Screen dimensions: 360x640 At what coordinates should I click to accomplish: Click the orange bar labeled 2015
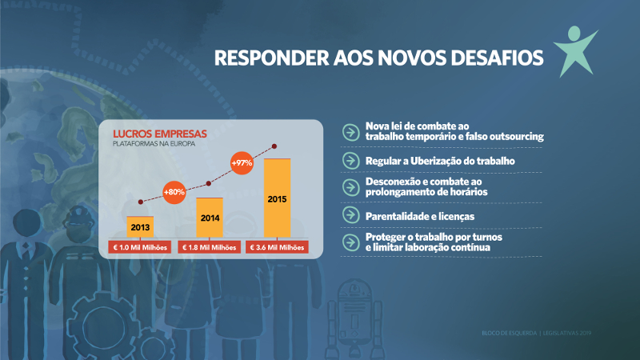pos(278,198)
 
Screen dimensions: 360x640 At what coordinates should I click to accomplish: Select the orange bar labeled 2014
pos(209,218)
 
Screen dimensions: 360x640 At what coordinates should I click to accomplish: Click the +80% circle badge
pos(174,192)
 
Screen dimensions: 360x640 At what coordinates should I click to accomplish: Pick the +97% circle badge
pos(242,162)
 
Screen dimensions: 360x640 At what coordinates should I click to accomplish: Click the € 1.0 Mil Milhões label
pos(140,247)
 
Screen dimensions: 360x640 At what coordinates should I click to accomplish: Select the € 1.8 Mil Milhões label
pos(209,247)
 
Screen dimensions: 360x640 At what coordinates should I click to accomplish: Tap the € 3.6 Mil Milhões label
pos(278,247)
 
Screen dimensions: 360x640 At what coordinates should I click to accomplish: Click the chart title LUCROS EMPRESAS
pos(160,133)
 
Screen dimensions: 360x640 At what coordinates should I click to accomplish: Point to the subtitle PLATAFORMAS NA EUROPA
pos(156,144)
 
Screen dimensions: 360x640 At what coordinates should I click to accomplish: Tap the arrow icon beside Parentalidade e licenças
pos(350,216)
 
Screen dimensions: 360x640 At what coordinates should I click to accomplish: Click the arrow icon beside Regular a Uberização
pos(350,161)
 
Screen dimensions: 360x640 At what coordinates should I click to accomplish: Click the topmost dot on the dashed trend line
pos(275,146)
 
